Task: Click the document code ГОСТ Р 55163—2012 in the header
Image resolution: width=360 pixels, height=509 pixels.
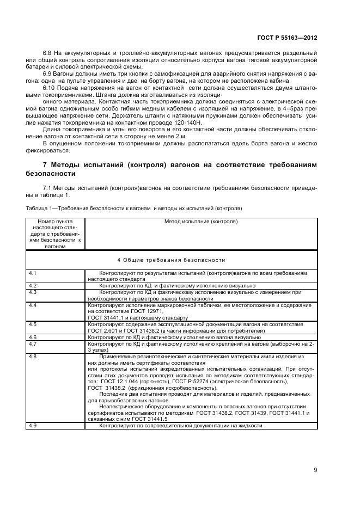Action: coord(286,39)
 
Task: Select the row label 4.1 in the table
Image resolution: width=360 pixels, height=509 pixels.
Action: coord(33,272)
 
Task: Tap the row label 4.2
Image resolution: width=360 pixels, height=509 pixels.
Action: coord(33,285)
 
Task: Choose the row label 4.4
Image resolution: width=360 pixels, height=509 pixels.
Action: coord(33,306)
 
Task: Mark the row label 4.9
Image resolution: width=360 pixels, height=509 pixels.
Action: coord(33,425)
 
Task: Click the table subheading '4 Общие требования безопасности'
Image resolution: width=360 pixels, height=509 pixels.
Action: coord(171,260)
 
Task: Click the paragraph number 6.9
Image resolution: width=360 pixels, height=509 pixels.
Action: coord(47,72)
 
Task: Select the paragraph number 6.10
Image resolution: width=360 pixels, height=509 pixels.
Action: coord(49,87)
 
